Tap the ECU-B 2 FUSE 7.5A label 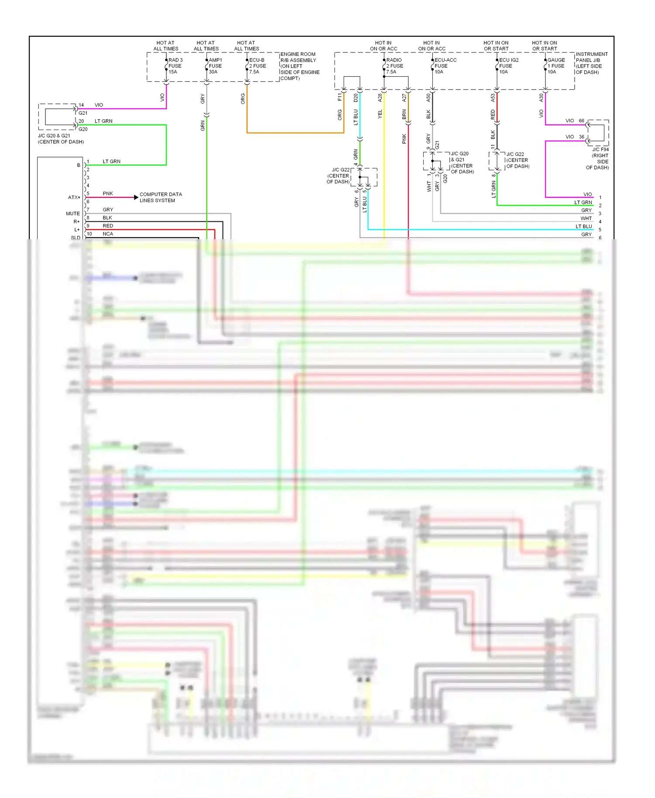click(257, 66)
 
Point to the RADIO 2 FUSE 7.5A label click(394, 66)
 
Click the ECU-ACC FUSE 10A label click(445, 66)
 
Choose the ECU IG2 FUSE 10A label click(508, 66)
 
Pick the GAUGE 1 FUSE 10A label click(556, 66)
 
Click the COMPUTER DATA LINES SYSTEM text click(160, 197)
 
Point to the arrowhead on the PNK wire click(136, 197)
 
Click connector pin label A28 click(380, 97)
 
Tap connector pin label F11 click(340, 96)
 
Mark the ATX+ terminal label click(74, 197)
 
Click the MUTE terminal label click(72, 213)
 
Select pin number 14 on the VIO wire click(81, 105)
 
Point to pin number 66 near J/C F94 click(581, 120)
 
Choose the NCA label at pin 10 click(107, 234)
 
